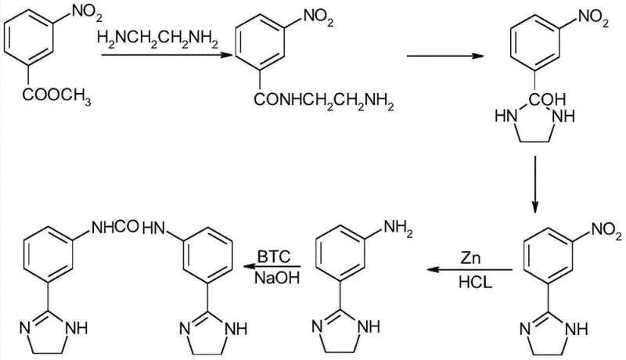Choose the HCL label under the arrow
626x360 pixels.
(471, 283)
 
